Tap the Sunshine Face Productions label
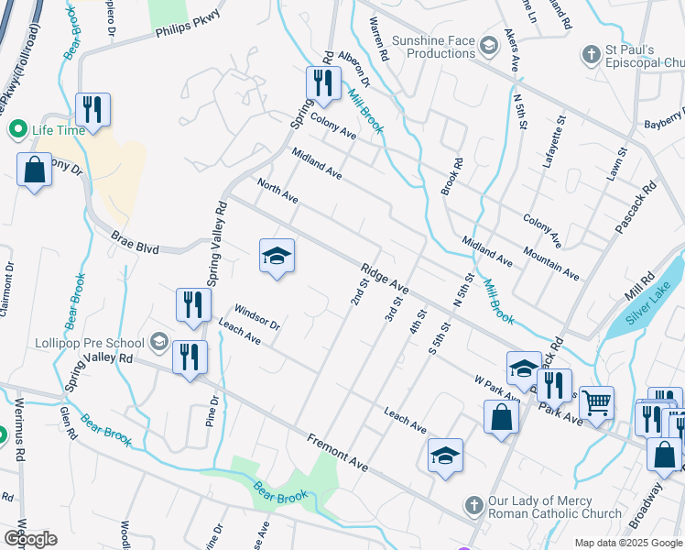coord(433,47)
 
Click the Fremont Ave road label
coord(338,453)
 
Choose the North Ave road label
coord(277,191)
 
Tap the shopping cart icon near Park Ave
coord(596,401)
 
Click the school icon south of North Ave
coord(277,256)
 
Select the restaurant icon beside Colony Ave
coord(322,84)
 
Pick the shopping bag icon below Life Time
coord(34,170)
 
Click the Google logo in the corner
coord(30,538)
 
